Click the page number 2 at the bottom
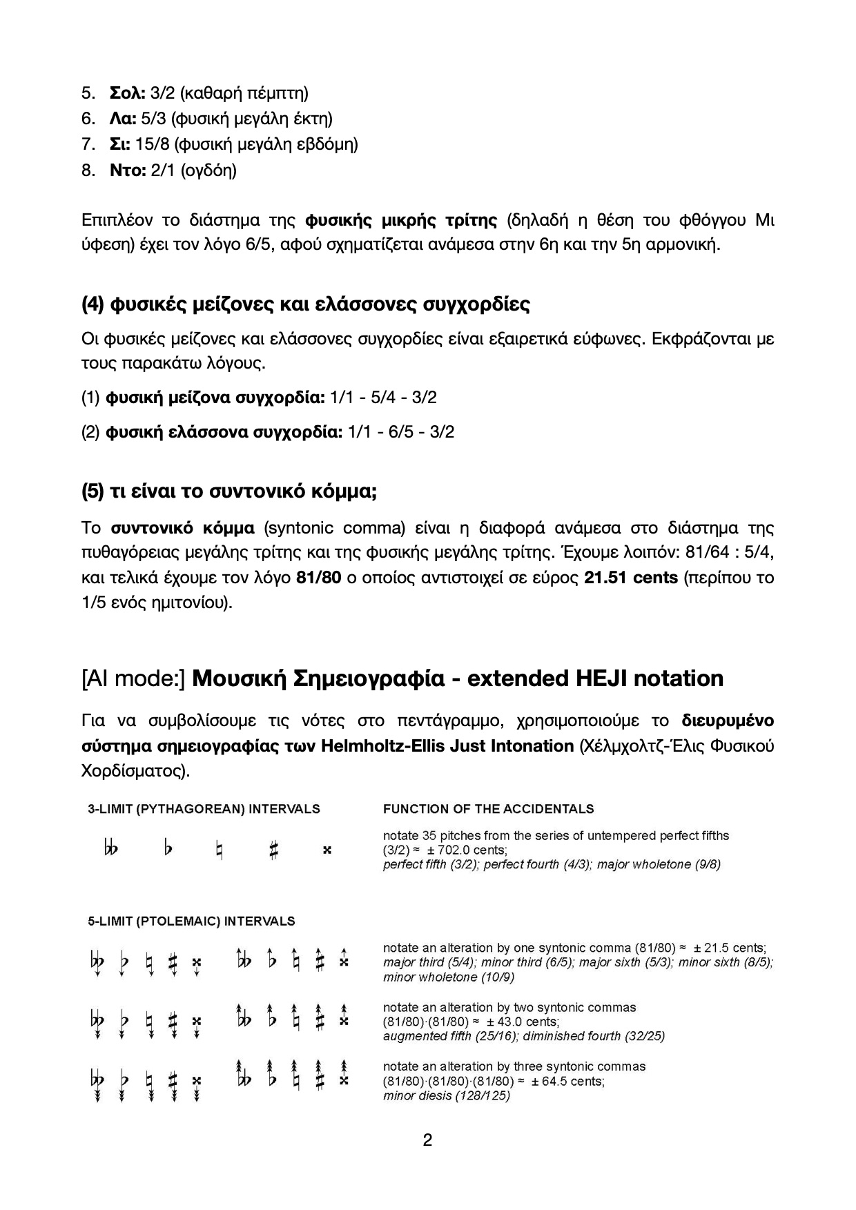pos(427,1140)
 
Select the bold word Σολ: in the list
pos(127,92)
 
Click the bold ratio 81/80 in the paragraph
pos(318,577)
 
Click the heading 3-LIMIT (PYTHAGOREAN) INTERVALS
pos(204,809)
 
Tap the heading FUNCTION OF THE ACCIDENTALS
pos(488,809)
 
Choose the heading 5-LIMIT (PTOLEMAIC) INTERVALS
pos(191,921)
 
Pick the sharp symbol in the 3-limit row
pos(273,850)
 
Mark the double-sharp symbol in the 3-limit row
pos(327,850)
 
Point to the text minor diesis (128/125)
pos(447,1095)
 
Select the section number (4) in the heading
pos(93,304)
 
